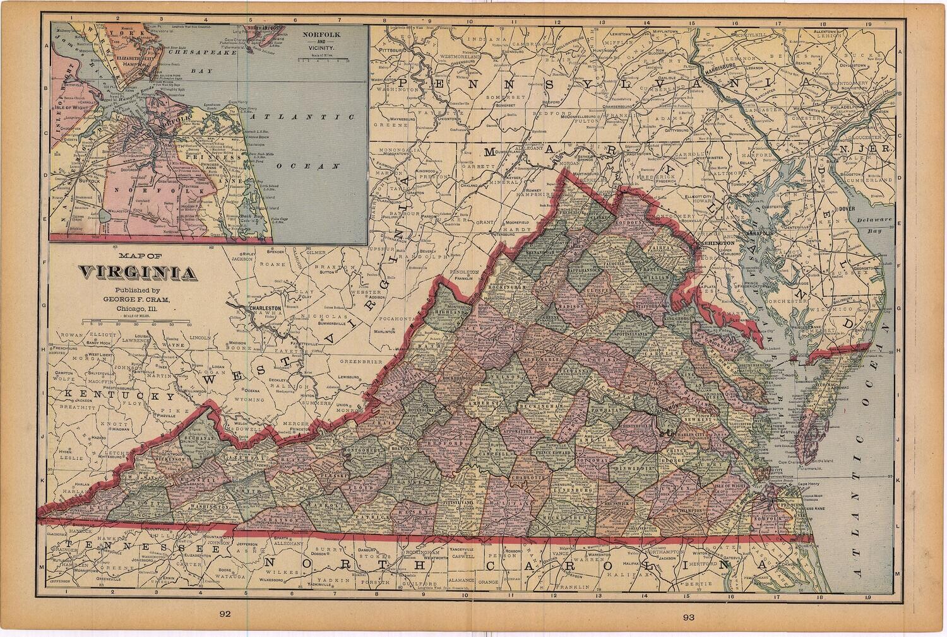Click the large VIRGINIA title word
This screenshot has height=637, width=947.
click(136, 273)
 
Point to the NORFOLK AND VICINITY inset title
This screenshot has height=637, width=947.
click(319, 43)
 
